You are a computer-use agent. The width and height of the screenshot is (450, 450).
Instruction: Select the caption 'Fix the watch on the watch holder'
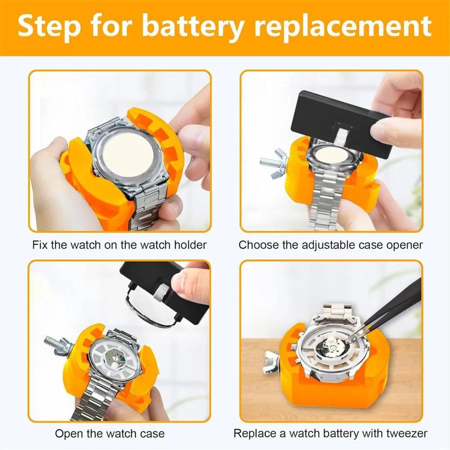click(119, 245)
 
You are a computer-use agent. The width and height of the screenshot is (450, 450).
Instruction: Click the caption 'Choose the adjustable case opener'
click(331, 245)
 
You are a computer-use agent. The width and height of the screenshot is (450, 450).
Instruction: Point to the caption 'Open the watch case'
click(110, 434)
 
